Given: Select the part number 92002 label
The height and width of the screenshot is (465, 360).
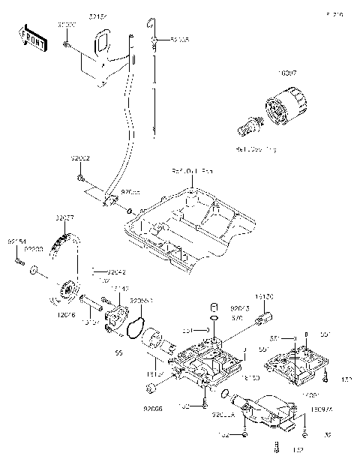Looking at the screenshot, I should [81, 159].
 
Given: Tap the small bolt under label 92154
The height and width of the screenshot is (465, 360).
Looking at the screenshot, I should [15, 259].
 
